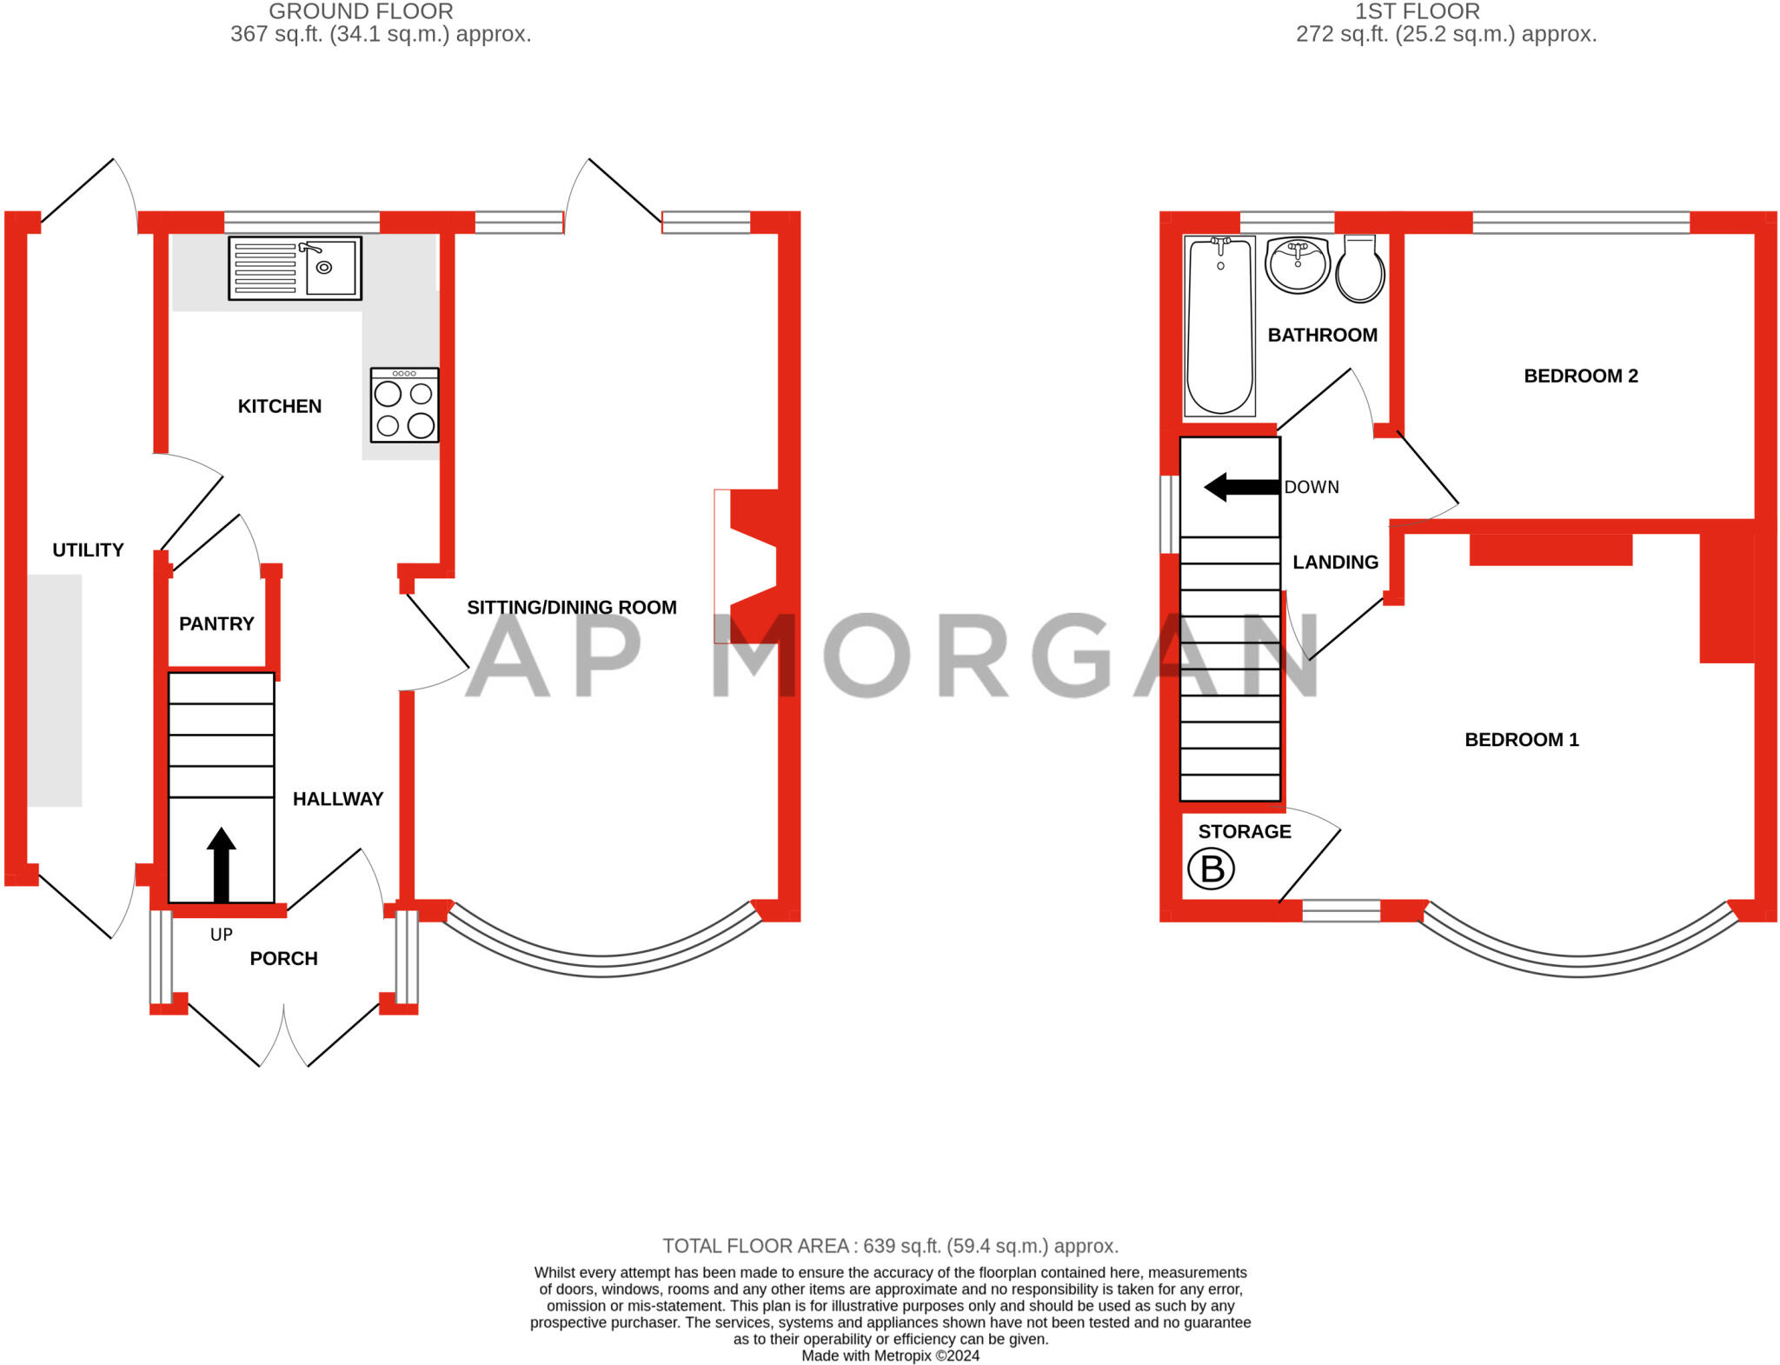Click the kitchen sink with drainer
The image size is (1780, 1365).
(x=295, y=269)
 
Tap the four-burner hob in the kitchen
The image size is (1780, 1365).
(x=404, y=406)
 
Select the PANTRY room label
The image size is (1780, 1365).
(x=216, y=623)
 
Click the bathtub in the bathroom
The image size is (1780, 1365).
(x=1219, y=326)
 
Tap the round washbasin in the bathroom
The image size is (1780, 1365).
(x=1297, y=264)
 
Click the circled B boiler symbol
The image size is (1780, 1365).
(x=1211, y=869)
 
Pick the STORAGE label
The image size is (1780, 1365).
(x=1244, y=831)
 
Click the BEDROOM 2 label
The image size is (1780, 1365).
(x=1580, y=376)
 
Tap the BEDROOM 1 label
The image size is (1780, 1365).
(x=1521, y=740)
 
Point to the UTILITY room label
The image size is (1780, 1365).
(x=88, y=549)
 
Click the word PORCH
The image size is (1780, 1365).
(x=283, y=958)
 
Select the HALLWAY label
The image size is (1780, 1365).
(x=337, y=799)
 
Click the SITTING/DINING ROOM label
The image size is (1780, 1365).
(x=571, y=608)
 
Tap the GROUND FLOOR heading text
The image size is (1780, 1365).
(x=361, y=12)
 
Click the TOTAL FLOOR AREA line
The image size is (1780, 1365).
(x=890, y=1246)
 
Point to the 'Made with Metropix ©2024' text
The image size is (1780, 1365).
(x=890, y=1355)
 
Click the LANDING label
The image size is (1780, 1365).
(x=1335, y=563)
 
